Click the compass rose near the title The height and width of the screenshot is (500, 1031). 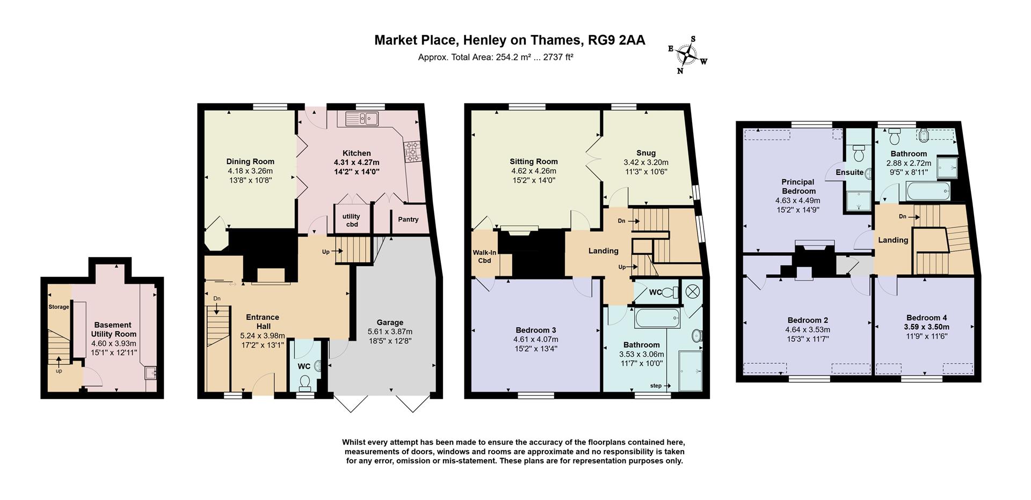click(687, 54)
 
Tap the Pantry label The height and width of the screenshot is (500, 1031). click(408, 219)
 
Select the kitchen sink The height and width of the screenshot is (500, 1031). click(362, 118)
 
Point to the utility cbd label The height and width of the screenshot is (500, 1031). click(351, 220)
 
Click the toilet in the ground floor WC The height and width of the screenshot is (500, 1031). click(305, 381)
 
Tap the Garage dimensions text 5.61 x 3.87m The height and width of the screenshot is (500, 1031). click(390, 332)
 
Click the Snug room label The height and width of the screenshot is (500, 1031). click(646, 153)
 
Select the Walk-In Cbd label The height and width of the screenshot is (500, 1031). click(484, 256)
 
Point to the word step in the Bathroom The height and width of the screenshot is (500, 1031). click(656, 386)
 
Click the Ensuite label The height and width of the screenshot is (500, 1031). click(850, 172)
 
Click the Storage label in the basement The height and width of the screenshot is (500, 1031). click(59, 307)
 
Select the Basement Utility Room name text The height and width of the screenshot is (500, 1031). click(113, 329)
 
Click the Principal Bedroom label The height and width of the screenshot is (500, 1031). click(798, 186)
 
